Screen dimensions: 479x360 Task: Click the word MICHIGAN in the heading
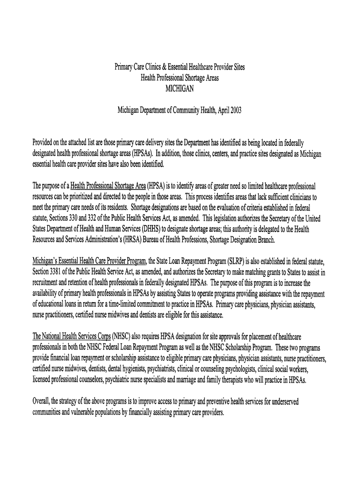coord(180,88)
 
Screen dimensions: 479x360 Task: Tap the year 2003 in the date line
coord(234,111)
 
